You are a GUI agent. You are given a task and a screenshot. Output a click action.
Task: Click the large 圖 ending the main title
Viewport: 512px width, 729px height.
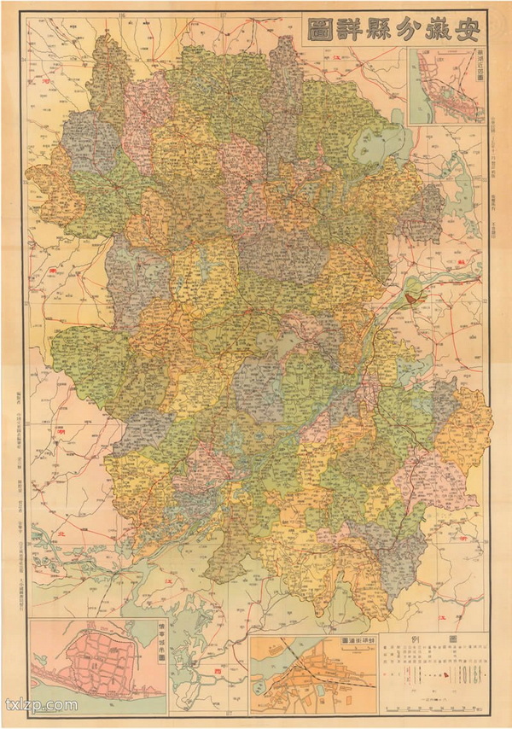321,32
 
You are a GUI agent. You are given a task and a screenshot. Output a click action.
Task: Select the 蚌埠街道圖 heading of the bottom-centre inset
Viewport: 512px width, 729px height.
357,639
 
